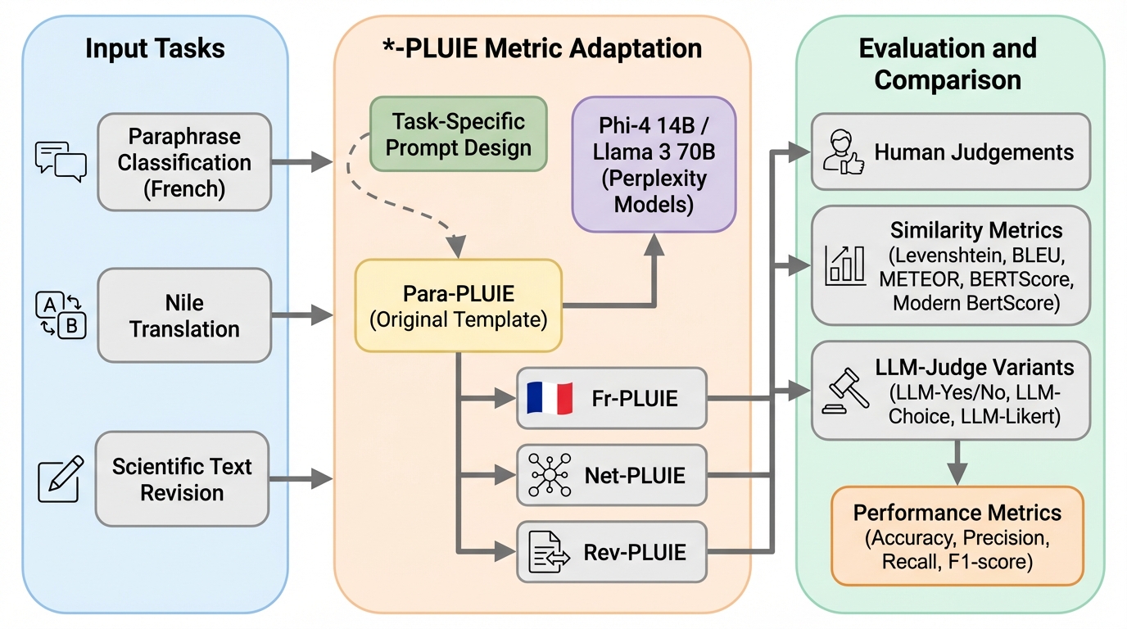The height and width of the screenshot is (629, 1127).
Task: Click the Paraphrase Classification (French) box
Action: click(x=183, y=161)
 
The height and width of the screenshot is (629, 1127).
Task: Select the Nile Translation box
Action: click(x=183, y=315)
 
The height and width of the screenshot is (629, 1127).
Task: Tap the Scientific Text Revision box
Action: click(x=182, y=479)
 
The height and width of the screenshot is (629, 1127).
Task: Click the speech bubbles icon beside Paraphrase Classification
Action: click(x=61, y=161)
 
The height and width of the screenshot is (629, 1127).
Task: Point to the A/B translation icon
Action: click(x=61, y=316)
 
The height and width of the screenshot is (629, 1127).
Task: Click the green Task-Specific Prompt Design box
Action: click(x=458, y=133)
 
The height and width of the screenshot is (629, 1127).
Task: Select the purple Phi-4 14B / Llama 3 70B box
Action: click(x=654, y=164)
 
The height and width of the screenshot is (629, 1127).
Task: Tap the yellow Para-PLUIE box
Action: click(x=458, y=305)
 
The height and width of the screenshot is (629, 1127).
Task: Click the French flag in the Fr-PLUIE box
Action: click(x=549, y=398)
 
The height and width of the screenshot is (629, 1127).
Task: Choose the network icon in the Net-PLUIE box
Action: click(x=549, y=475)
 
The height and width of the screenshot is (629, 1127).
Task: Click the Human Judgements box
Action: click(x=950, y=152)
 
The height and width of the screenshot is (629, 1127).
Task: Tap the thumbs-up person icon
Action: click(x=842, y=152)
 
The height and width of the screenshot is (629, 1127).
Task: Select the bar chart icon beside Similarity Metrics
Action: click(x=845, y=264)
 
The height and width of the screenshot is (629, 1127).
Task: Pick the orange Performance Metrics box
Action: click(x=957, y=536)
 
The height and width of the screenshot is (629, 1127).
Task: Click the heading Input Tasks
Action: click(x=155, y=49)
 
